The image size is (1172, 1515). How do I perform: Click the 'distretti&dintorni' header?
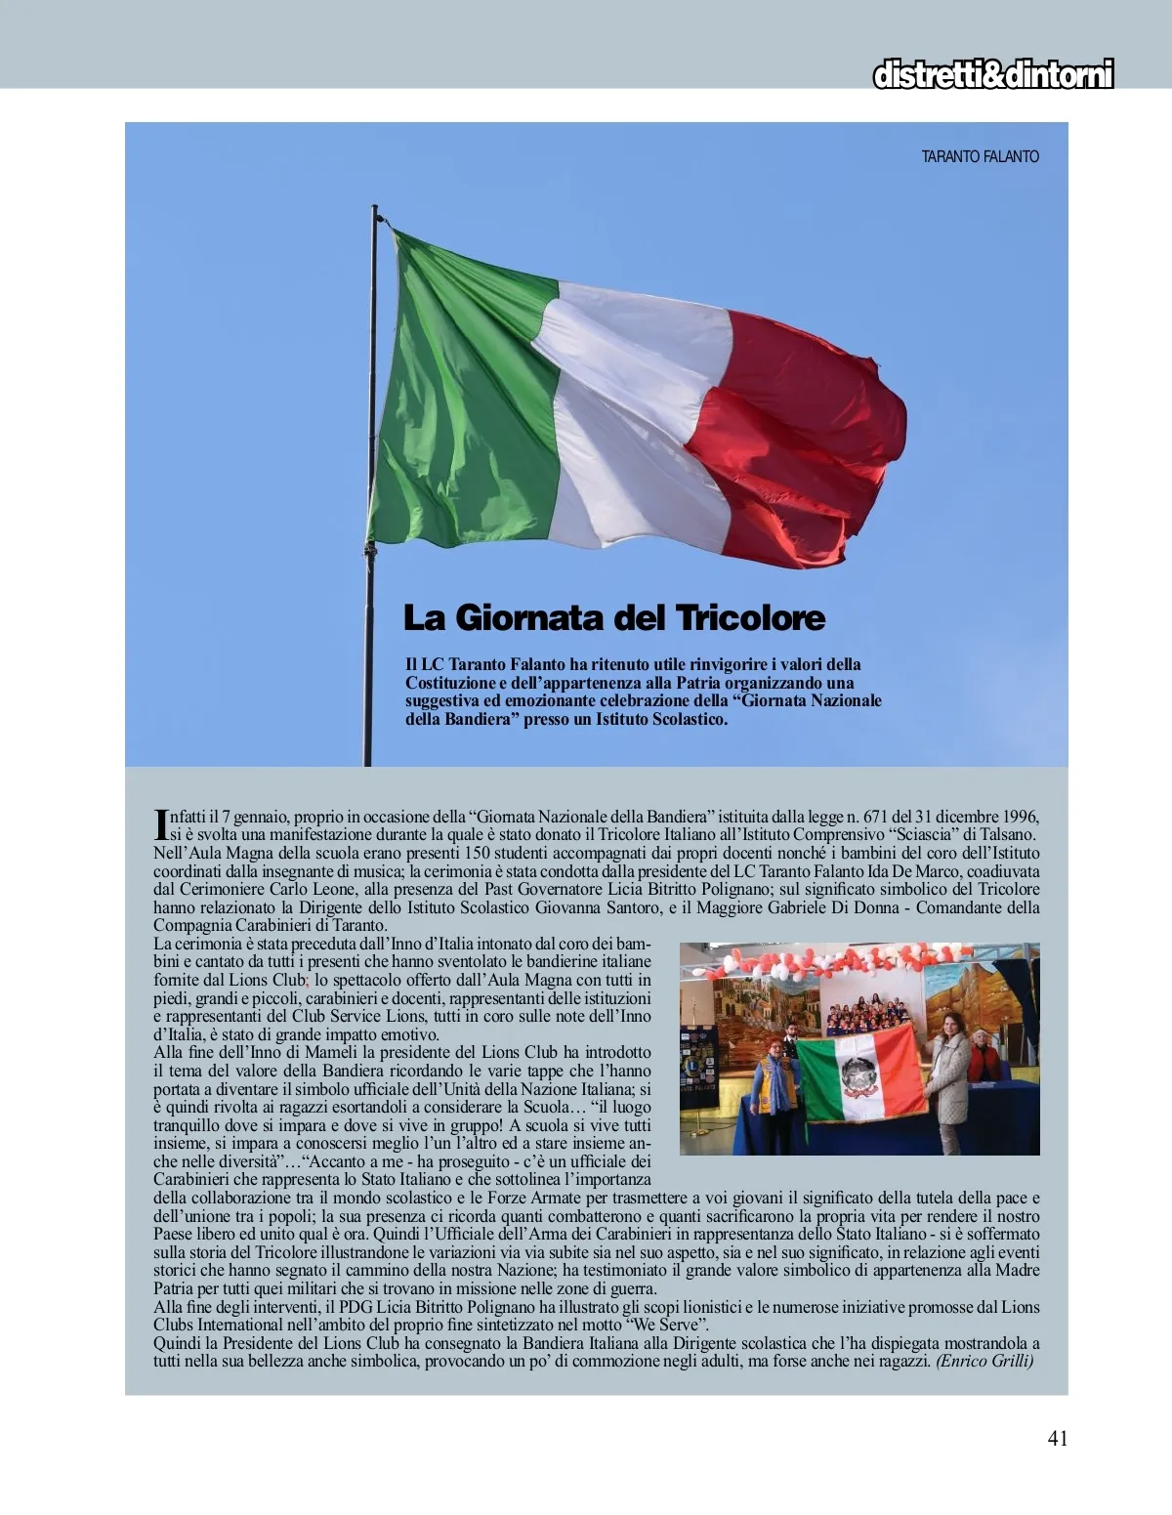click(x=992, y=75)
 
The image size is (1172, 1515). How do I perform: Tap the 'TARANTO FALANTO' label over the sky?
click(x=980, y=156)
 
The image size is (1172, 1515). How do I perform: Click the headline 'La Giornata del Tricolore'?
click(x=614, y=618)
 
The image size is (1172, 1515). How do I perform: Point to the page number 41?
click(x=1057, y=1438)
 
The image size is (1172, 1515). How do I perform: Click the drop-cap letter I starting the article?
click(x=161, y=824)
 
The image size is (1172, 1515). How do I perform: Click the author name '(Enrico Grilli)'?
click(x=984, y=1361)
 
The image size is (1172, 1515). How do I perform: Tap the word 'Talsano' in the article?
click(x=1005, y=834)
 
